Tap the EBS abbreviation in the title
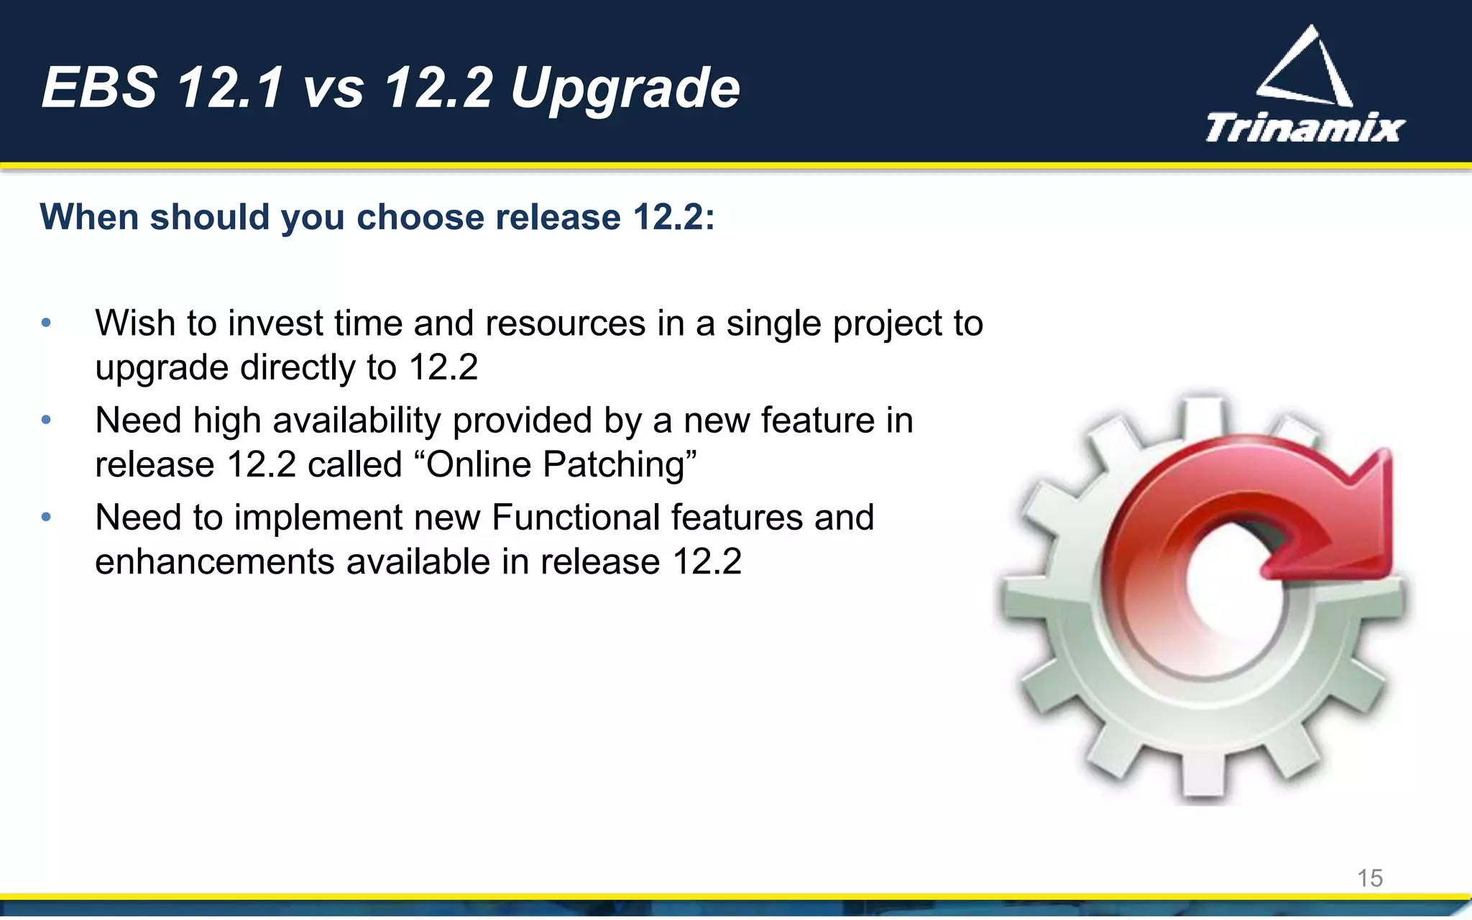tap(99, 88)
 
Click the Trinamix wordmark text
tap(1304, 128)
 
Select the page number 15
tap(1370, 878)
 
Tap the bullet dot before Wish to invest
tap(46, 323)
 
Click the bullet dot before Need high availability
tap(46, 420)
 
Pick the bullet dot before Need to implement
tap(46, 517)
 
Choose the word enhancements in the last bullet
tap(215, 561)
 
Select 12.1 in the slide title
tap(230, 88)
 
